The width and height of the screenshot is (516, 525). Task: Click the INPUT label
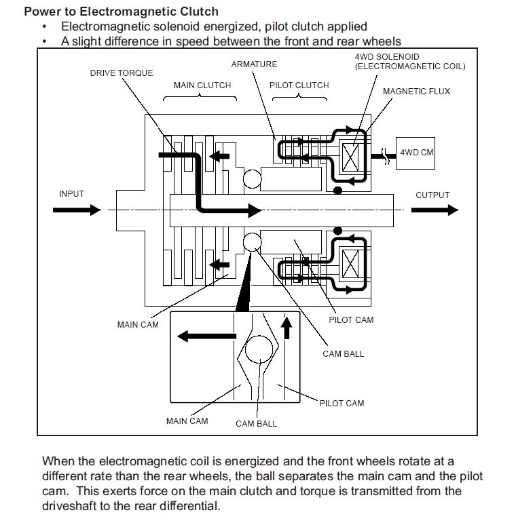(x=71, y=194)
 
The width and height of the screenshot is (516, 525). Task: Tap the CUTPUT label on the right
(x=432, y=195)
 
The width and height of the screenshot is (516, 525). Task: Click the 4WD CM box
(x=416, y=153)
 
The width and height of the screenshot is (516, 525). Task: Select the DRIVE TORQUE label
(x=122, y=73)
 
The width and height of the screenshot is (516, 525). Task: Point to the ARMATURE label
(x=254, y=64)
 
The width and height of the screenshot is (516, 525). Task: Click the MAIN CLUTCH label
(x=202, y=85)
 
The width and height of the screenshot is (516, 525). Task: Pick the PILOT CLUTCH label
(x=299, y=85)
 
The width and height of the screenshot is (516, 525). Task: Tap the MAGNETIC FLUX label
(x=416, y=92)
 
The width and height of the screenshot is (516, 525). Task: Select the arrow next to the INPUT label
(x=77, y=210)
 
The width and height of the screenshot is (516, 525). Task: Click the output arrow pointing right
(x=435, y=210)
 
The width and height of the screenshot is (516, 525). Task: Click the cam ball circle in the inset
(x=258, y=352)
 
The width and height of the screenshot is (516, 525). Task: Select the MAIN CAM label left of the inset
(x=138, y=325)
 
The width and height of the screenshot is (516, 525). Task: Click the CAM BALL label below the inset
(x=256, y=424)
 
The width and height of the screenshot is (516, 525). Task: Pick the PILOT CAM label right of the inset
(x=342, y=404)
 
